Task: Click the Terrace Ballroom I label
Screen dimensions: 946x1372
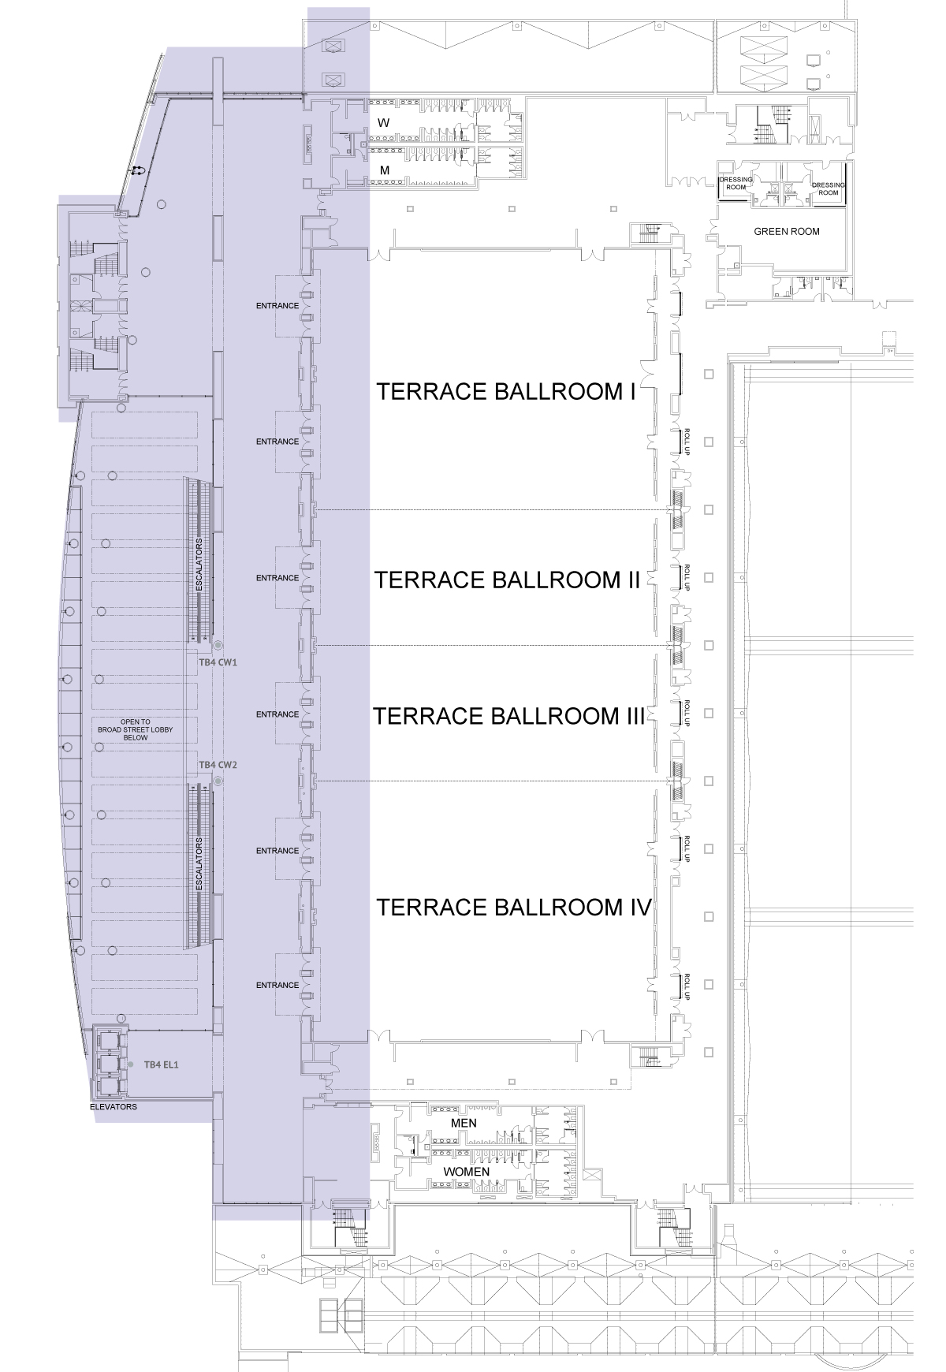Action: pos(506,392)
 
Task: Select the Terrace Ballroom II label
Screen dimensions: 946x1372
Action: pos(507,580)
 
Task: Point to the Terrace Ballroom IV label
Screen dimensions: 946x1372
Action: pos(514,908)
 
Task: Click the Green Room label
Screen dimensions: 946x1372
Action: pos(787,232)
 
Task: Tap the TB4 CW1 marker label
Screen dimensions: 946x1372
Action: pos(218,662)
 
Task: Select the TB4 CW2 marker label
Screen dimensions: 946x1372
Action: pos(218,765)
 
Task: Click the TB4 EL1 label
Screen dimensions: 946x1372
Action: pos(162,1064)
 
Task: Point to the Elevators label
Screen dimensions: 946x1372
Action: pos(114,1107)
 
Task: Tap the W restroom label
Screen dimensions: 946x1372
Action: pos(384,123)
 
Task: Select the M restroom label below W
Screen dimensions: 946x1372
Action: pos(385,170)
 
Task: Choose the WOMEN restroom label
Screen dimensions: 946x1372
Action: pos(467,1172)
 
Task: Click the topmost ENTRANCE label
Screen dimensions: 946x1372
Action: pos(277,306)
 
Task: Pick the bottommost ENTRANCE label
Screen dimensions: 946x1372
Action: pos(277,985)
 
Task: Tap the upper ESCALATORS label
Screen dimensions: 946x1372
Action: pos(199,565)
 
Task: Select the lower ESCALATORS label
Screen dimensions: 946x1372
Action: pos(199,864)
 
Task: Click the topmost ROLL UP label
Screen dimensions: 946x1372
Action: pos(687,442)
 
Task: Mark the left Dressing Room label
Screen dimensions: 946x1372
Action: pos(736,183)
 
